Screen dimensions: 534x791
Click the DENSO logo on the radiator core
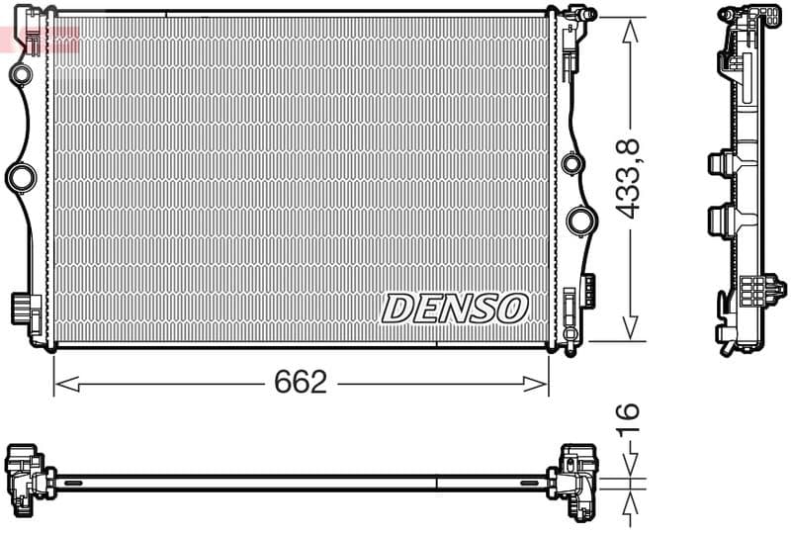[x=454, y=308]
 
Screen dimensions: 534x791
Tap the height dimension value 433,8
[x=630, y=178]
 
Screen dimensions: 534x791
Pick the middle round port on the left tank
[x=21, y=178]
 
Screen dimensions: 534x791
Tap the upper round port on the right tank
[x=571, y=163]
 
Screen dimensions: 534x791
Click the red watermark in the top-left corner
[x=40, y=40]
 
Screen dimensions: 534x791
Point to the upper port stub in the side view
[x=720, y=163]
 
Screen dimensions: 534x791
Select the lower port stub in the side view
[x=720, y=217]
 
